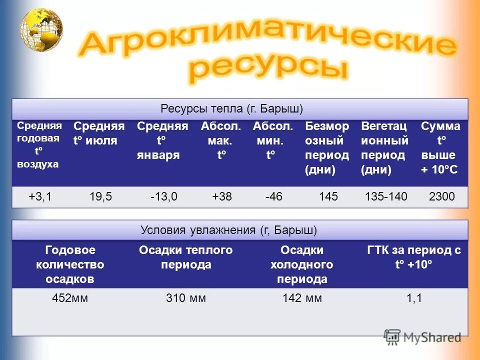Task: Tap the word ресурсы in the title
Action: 268,69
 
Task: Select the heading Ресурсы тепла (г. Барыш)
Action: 232,108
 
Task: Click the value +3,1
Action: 39,196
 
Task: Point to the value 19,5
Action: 100,196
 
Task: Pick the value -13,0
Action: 163,196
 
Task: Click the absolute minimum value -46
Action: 274,196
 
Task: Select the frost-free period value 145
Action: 328,196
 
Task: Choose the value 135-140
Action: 386,196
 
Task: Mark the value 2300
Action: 442,196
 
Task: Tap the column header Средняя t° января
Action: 162,140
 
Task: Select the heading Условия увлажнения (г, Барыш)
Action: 229,230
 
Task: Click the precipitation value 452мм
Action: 70,298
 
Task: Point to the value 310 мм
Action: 186,298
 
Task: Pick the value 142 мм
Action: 302,298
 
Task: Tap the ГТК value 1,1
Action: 414,298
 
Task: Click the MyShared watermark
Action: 422,337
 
